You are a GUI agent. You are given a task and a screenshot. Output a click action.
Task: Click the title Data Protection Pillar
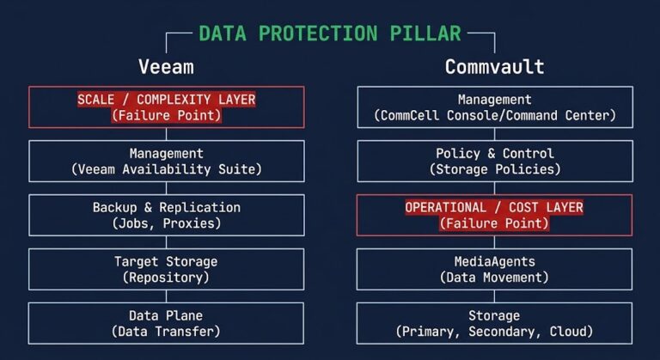pos(330,34)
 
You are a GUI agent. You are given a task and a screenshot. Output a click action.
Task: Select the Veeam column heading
pos(166,66)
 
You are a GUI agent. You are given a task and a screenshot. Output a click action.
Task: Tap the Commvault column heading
pos(494,66)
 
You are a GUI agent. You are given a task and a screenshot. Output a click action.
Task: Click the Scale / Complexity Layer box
pos(167,107)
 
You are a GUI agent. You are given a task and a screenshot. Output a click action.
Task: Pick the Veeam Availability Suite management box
pos(167,162)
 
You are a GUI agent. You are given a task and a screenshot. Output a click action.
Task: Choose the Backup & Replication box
pos(167,216)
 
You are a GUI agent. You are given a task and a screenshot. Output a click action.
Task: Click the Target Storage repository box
pos(167,269)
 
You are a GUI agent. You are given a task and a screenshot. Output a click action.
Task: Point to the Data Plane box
pos(167,323)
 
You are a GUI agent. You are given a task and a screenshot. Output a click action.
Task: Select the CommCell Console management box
pos(494,107)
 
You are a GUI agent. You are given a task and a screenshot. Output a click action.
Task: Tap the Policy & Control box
pos(494,162)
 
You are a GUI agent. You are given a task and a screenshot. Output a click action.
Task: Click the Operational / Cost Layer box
pos(494,216)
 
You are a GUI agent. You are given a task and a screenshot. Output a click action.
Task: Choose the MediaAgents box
pos(494,269)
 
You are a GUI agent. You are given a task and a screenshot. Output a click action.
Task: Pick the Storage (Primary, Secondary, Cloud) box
pos(494,323)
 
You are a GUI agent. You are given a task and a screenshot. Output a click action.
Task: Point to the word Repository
pos(167,278)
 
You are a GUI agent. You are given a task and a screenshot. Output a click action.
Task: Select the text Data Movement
pos(494,278)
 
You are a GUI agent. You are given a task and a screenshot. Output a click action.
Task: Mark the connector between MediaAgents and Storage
pos(494,296)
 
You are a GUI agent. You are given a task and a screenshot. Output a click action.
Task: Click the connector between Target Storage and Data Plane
pos(167,296)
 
